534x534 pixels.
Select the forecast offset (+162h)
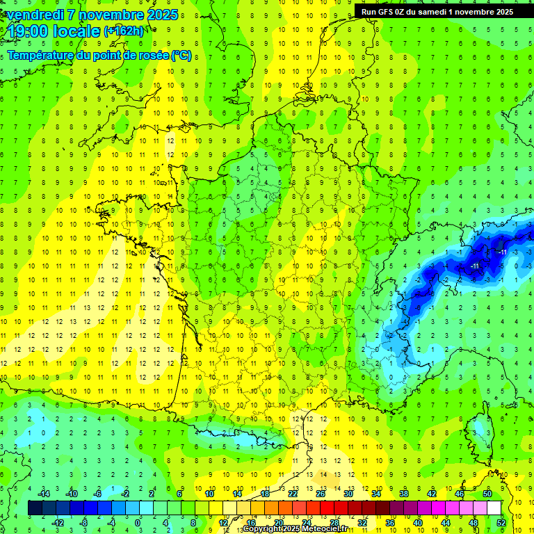coord(124,31)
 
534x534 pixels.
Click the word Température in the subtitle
coord(42,56)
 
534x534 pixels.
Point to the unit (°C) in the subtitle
coord(182,56)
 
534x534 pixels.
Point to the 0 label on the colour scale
coord(137,523)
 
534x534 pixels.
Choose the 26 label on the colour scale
coord(320,493)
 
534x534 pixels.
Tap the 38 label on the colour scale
coord(403,493)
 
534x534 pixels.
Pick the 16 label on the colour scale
coord(250,523)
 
